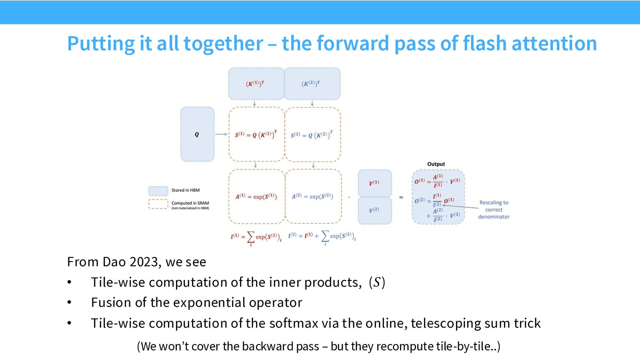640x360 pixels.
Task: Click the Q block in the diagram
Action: pyautogui.click(x=198, y=134)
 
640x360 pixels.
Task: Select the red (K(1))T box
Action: pyautogui.click(x=256, y=84)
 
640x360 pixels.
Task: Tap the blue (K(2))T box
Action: pyautogui.click(x=312, y=84)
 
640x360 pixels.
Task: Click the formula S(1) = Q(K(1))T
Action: pyautogui.click(x=256, y=134)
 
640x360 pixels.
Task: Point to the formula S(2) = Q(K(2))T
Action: pyautogui.click(x=312, y=135)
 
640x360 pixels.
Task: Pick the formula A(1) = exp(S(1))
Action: pyautogui.click(x=256, y=196)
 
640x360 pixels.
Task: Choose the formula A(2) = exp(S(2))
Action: pyautogui.click(x=312, y=196)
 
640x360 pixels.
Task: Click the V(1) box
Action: pyautogui.click(x=374, y=183)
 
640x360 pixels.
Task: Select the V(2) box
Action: pyautogui.click(x=374, y=210)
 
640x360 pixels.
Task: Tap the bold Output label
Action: pyautogui.click(x=436, y=164)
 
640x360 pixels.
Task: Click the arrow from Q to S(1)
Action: pyautogui.click(x=221, y=134)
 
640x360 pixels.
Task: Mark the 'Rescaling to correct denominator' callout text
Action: pyautogui.click(x=494, y=210)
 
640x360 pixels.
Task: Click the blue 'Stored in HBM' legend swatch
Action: pyautogui.click(x=158, y=191)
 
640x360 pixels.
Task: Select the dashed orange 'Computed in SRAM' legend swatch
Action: pyautogui.click(x=158, y=204)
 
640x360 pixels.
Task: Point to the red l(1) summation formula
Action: pyautogui.click(x=256, y=238)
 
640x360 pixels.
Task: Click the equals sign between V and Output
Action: pyautogui.click(x=401, y=197)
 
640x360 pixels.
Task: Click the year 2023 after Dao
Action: pyautogui.click(x=144, y=262)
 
